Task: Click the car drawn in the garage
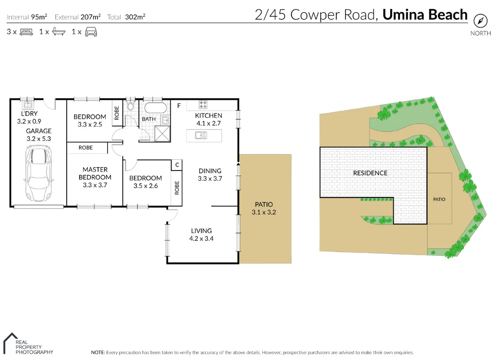click(39, 174)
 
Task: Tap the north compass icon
click(481, 21)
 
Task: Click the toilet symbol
click(131, 106)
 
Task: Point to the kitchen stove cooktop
click(203, 105)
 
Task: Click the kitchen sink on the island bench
click(201, 135)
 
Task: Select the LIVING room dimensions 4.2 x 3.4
click(201, 238)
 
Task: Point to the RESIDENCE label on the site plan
click(370, 173)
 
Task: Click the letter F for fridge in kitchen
click(179, 106)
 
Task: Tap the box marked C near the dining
click(177, 165)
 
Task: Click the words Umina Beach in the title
click(425, 15)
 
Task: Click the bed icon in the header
click(27, 32)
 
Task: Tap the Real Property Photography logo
click(28, 344)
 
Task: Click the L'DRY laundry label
click(29, 114)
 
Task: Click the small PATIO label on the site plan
click(439, 199)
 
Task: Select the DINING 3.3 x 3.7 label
click(210, 175)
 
